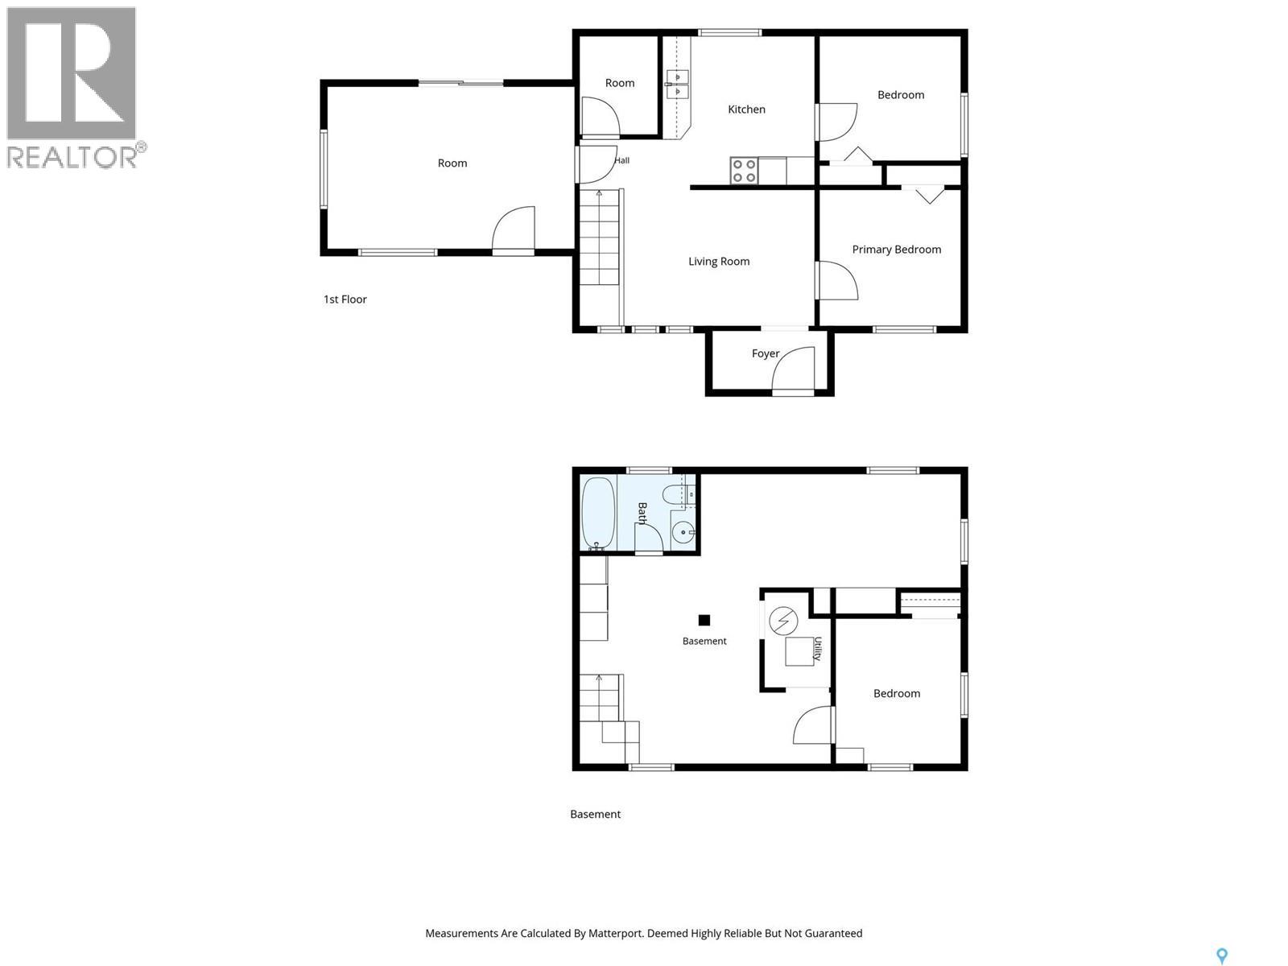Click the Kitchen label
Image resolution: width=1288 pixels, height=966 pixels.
tap(746, 109)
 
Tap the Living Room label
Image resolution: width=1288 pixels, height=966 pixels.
tap(719, 262)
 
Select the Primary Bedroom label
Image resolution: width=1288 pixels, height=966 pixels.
tap(897, 250)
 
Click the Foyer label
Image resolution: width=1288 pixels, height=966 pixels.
tap(766, 353)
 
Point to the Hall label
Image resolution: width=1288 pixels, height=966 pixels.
tap(622, 160)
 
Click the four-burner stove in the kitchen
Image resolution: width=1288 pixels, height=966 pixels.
tap(744, 171)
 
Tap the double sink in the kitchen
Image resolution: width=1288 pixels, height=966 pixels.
tap(677, 85)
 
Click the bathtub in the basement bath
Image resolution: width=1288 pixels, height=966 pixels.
tap(598, 514)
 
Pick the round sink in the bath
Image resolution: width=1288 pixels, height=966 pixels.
tap(683, 533)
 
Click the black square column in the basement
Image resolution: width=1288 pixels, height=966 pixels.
tap(704, 620)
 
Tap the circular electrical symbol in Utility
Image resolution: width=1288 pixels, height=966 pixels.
tap(783, 621)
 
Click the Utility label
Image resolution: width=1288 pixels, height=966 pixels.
tap(817, 649)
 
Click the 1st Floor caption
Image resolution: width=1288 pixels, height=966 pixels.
tap(345, 299)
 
